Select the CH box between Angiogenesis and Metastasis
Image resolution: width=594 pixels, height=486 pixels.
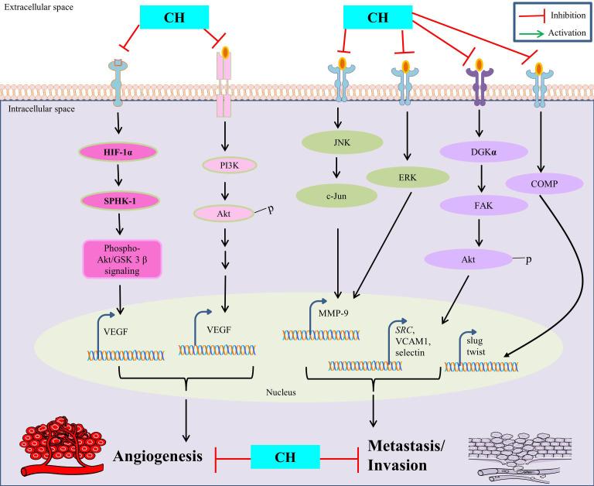click(284, 457)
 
